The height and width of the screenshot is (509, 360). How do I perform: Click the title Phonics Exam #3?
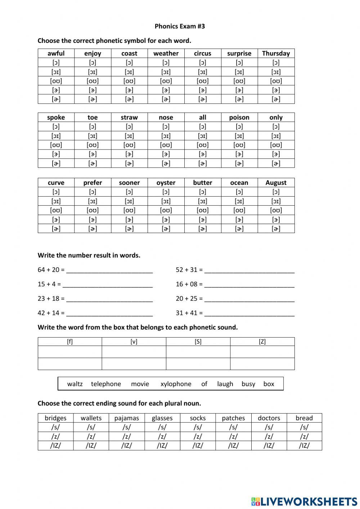pyautogui.click(x=180, y=26)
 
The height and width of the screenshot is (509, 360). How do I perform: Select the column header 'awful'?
pyautogui.click(x=56, y=53)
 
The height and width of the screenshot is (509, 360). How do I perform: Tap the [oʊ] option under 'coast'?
pyautogui.click(x=129, y=81)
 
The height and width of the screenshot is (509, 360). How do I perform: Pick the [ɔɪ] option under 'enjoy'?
pyautogui.click(x=93, y=72)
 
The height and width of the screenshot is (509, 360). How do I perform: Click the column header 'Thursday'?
pyautogui.click(x=276, y=53)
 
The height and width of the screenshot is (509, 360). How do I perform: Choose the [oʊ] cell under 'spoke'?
pyautogui.click(x=56, y=145)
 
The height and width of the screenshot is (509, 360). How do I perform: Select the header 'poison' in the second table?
pyautogui.click(x=239, y=117)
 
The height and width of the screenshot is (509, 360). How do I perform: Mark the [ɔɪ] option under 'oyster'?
pyautogui.click(x=166, y=201)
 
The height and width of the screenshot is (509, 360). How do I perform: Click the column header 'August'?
pyautogui.click(x=276, y=183)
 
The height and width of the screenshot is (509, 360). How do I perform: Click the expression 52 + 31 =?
pyautogui.click(x=189, y=270)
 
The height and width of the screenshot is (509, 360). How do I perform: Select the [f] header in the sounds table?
pyautogui.click(x=70, y=341)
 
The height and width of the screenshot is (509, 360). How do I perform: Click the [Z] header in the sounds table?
pyautogui.click(x=262, y=341)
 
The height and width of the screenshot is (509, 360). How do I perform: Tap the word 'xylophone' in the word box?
pyautogui.click(x=176, y=384)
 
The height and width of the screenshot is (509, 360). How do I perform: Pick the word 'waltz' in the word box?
pyautogui.click(x=75, y=384)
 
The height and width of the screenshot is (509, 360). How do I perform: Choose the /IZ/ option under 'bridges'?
pyautogui.click(x=55, y=445)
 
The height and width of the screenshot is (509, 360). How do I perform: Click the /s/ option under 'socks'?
pyautogui.click(x=198, y=427)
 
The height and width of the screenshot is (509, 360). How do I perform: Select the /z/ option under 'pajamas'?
pyautogui.click(x=126, y=436)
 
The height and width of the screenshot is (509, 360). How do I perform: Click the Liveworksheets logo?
pyautogui.click(x=304, y=501)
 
